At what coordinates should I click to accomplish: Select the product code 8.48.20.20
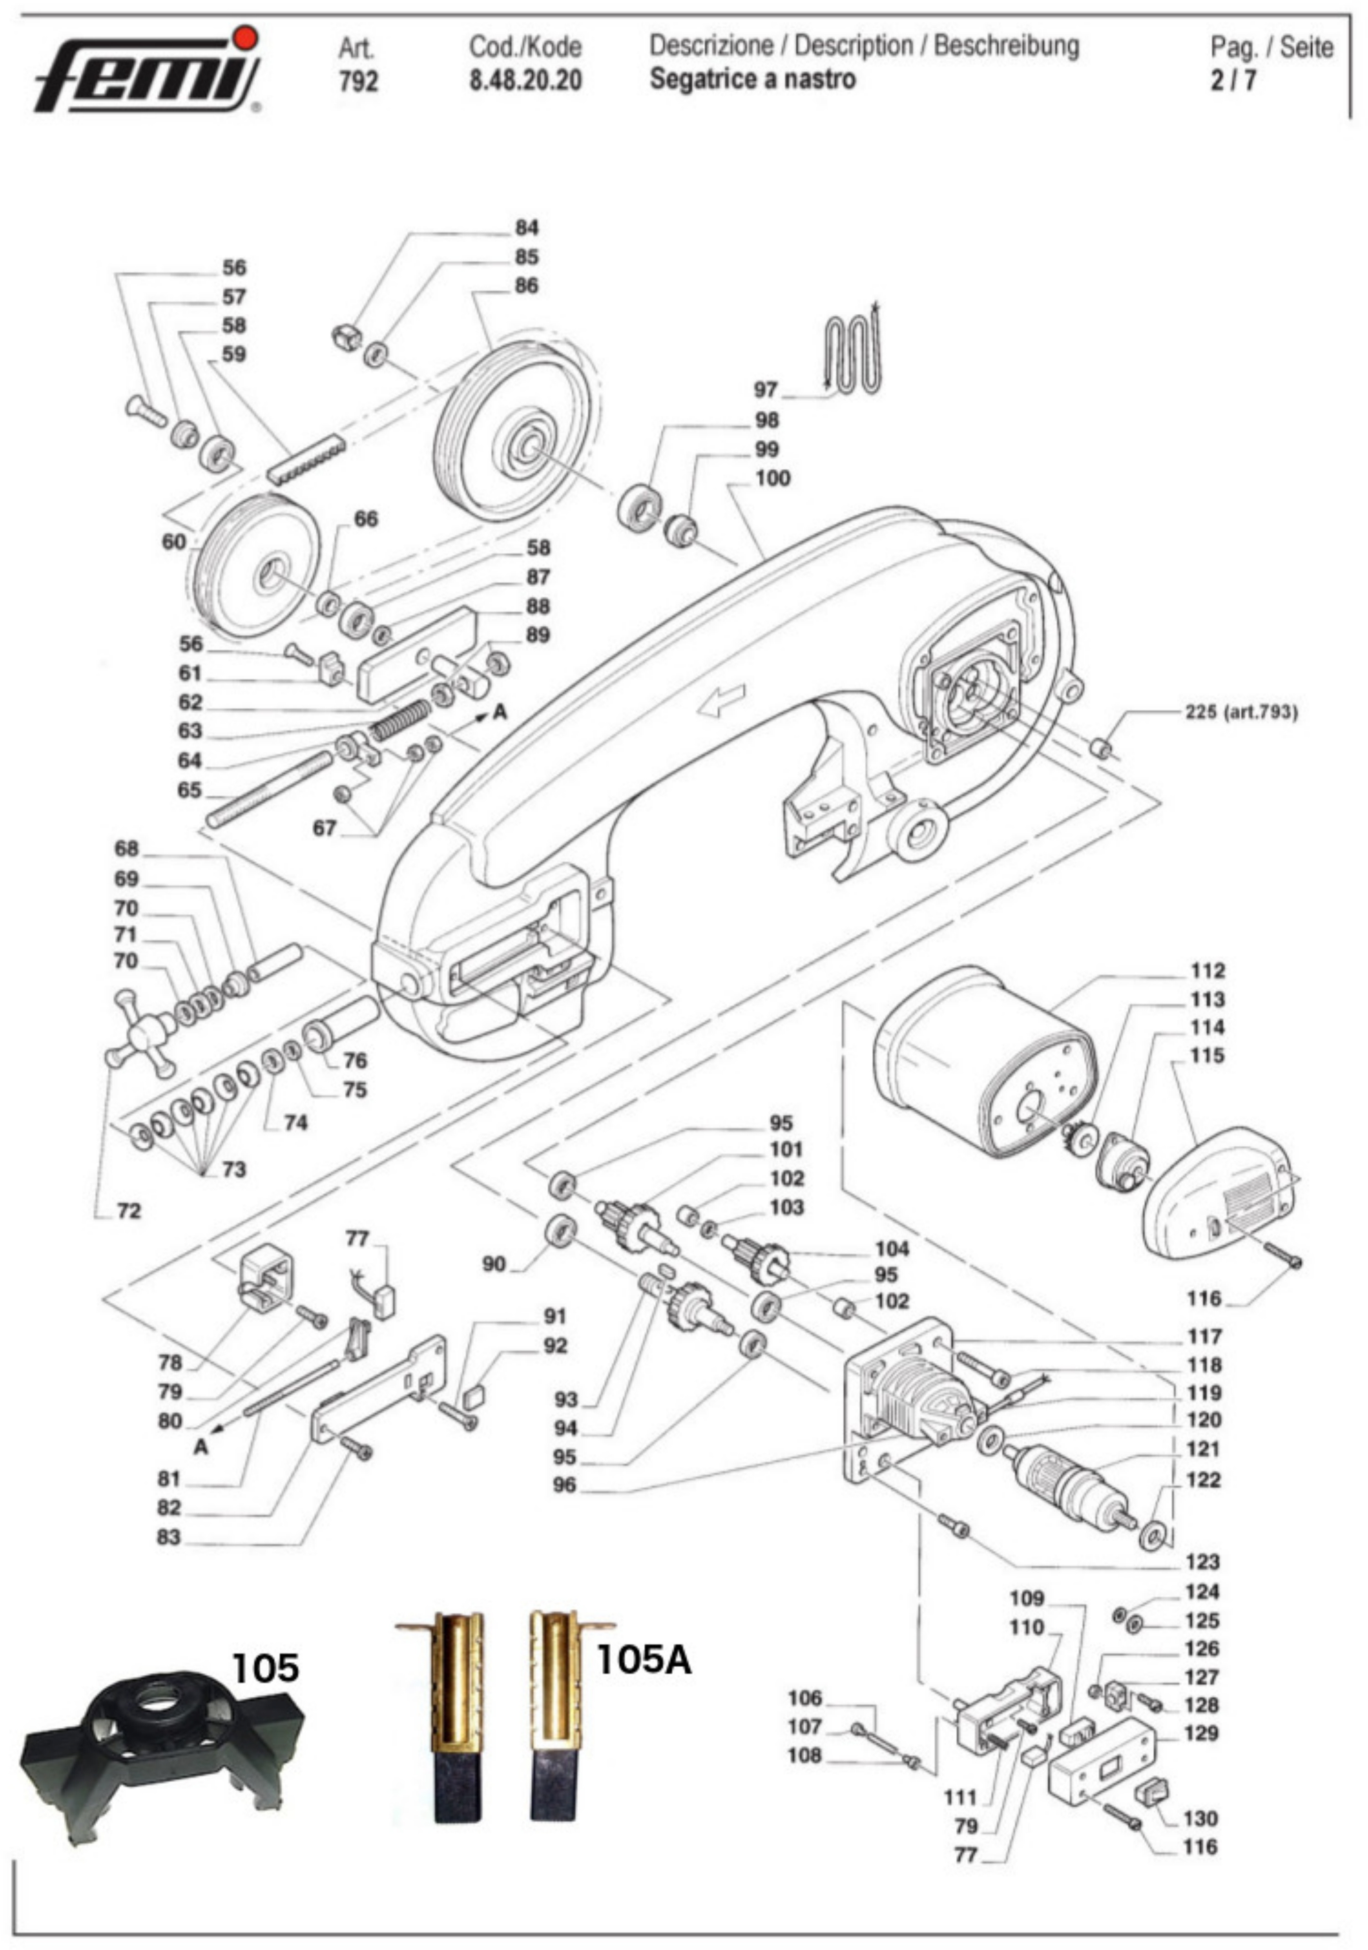(526, 81)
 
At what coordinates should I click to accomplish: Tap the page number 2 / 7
(1233, 81)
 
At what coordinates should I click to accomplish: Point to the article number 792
(358, 82)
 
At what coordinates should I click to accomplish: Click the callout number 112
(1207, 970)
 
